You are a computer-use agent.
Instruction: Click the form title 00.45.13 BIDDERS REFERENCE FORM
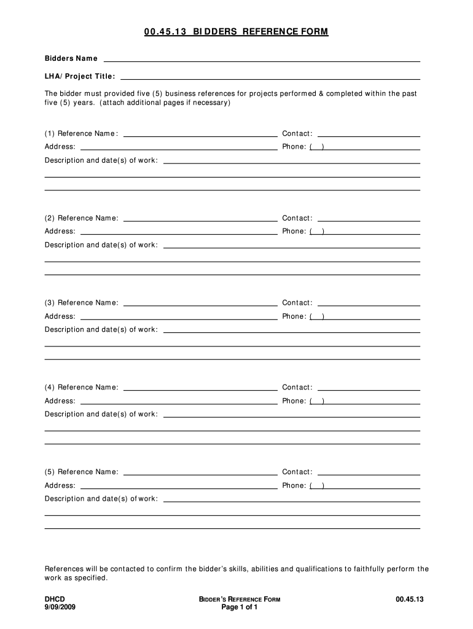(x=237, y=32)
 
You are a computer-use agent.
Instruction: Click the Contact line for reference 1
(x=369, y=135)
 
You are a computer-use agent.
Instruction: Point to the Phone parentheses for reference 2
(x=318, y=232)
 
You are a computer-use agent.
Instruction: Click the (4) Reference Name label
(x=82, y=388)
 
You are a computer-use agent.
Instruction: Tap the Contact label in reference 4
(x=297, y=388)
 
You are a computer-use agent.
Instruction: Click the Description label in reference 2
(x=101, y=245)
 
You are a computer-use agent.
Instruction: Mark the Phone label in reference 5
(x=294, y=486)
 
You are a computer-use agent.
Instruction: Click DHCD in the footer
(x=55, y=599)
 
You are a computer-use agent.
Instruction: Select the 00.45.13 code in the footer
(x=410, y=599)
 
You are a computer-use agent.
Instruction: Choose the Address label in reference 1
(x=60, y=147)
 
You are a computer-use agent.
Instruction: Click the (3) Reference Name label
(x=82, y=303)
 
